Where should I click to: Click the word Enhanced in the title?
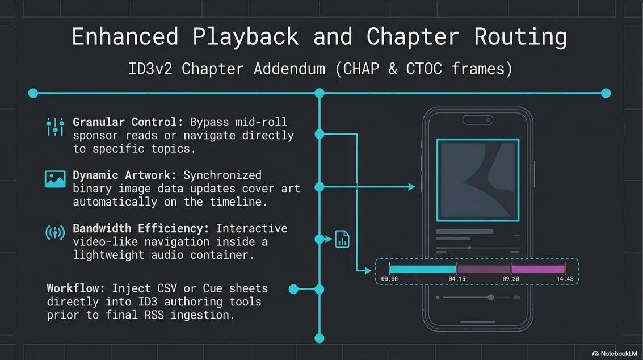125,36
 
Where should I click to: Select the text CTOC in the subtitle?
424,69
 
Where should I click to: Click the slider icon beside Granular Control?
55,127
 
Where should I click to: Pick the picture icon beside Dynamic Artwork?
55,179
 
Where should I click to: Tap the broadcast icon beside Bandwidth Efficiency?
55,233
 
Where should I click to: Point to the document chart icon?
342,239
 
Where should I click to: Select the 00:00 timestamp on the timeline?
389,279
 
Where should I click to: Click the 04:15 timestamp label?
457,279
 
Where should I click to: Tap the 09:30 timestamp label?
511,279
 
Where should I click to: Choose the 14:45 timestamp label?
565,279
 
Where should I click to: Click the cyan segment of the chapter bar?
423,269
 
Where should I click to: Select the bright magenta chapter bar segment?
538,269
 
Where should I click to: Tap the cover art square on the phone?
478,180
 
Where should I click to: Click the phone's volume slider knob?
490,297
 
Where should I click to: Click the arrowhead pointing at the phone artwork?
411,187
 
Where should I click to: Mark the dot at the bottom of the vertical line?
320,338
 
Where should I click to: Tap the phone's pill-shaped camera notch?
478,120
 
